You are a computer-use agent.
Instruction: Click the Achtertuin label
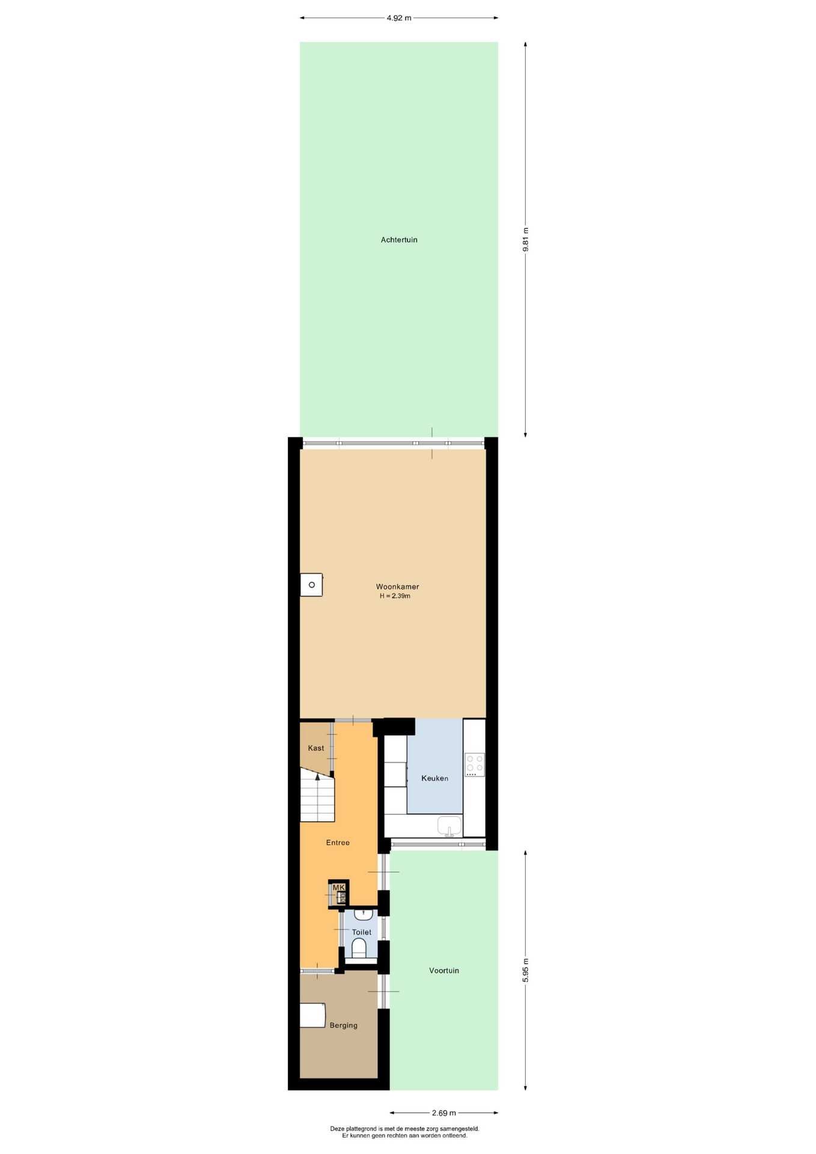click(399, 240)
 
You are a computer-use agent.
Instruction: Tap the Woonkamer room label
click(397, 587)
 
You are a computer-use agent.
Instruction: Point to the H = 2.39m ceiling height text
click(395, 596)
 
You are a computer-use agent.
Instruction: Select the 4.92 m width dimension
click(399, 18)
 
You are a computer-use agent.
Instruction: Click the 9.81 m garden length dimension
click(526, 239)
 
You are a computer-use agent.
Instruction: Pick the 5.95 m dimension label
click(526, 969)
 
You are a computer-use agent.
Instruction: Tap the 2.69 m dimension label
click(444, 1113)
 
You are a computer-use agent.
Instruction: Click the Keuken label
click(434, 778)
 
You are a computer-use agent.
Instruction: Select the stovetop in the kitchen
click(474, 765)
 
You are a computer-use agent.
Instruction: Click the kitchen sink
click(449, 825)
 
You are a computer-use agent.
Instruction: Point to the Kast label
click(316, 748)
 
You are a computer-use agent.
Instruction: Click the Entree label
click(338, 843)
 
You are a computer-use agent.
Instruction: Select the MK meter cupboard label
click(339, 887)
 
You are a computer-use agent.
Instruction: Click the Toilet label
click(362, 932)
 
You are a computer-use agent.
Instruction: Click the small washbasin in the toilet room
click(364, 914)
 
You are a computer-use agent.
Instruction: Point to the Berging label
click(344, 1025)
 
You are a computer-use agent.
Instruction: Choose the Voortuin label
click(444, 970)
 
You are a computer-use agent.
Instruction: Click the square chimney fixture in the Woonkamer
click(311, 585)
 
